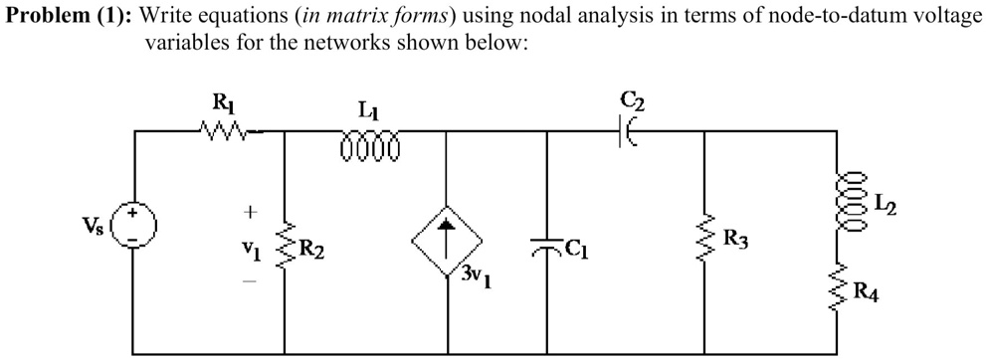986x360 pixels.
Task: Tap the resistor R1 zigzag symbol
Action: tap(221, 129)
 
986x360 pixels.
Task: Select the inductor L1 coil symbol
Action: tap(369, 147)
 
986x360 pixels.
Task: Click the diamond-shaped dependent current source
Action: tap(447, 243)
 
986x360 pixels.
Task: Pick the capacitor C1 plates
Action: tap(546, 245)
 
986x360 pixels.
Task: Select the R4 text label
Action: tap(868, 292)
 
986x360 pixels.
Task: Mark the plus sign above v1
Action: tap(251, 212)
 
